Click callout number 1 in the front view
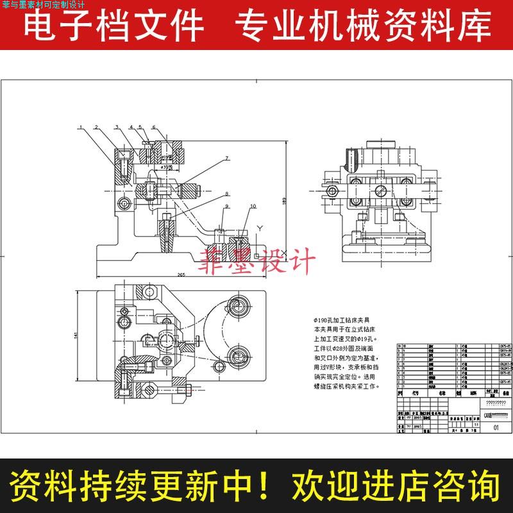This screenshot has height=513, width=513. (81, 128)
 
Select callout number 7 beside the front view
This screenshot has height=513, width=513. (226, 158)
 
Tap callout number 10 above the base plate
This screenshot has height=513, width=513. (253, 206)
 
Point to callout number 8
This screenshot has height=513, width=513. (226, 193)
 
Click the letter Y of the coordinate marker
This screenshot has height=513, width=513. (260, 228)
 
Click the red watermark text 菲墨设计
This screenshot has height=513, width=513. (259, 261)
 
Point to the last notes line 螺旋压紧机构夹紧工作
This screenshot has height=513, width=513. (346, 387)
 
